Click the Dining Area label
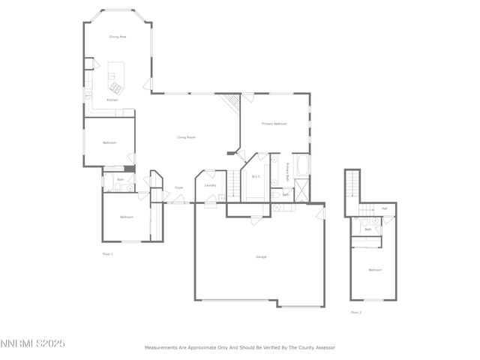click(x=117, y=36)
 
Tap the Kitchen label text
click(x=112, y=100)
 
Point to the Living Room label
click(x=186, y=137)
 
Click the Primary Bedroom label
click(x=274, y=123)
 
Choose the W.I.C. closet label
click(x=256, y=177)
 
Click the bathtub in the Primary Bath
click(x=301, y=165)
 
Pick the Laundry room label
click(x=210, y=185)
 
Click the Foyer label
click(x=179, y=187)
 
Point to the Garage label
click(x=261, y=257)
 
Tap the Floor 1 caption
click(x=107, y=254)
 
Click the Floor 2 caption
click(x=355, y=312)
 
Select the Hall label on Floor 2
click(x=385, y=208)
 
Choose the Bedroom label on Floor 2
click(x=374, y=270)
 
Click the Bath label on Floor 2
click(x=367, y=229)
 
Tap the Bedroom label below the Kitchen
click(x=109, y=142)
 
